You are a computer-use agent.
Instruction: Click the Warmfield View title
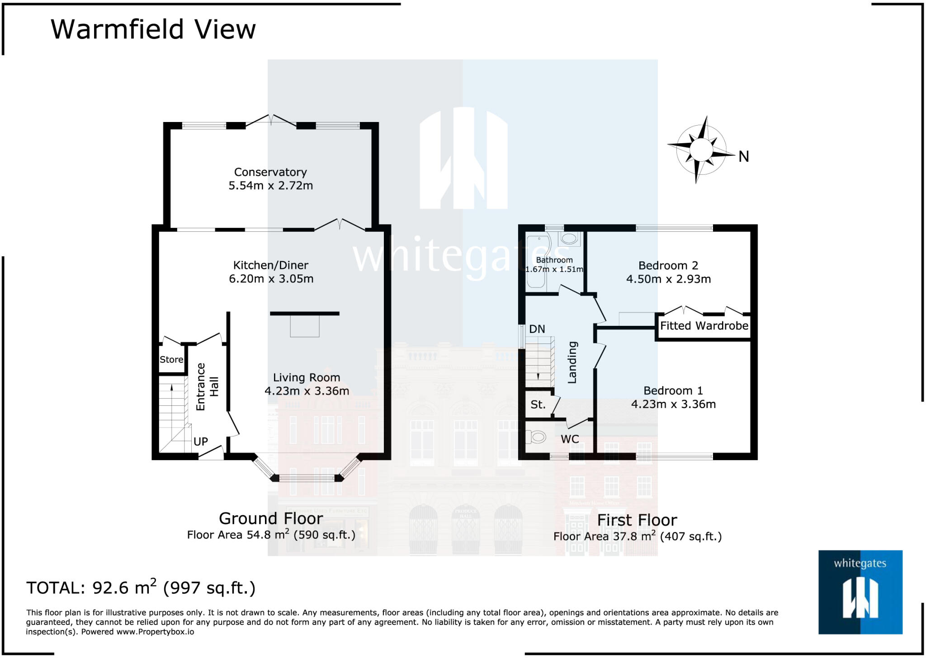coord(153,30)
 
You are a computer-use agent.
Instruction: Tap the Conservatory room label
coord(270,172)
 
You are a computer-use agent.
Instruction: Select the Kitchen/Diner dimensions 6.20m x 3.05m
coord(271,279)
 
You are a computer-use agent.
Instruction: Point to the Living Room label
coord(306,378)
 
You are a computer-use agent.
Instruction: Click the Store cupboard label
coord(171,360)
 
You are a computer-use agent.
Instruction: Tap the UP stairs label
coord(201,442)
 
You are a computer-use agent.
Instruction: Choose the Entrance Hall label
coord(207,387)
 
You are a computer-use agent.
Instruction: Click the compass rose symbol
coord(701,150)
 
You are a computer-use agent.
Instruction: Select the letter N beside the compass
coord(744,157)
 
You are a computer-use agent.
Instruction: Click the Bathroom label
coord(554,260)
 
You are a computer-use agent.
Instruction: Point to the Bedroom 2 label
coord(668,266)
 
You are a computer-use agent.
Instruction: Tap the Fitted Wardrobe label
coord(704,326)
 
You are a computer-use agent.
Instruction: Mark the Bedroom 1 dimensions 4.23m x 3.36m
coord(673,404)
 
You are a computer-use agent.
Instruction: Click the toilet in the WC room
coord(537,437)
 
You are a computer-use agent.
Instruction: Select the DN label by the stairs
coord(537,329)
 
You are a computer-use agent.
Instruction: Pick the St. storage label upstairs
coord(538,404)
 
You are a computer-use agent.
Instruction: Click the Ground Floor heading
coord(271,518)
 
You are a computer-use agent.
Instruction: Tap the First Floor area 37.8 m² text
coord(637,536)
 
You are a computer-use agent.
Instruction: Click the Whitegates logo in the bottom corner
coord(860,592)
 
